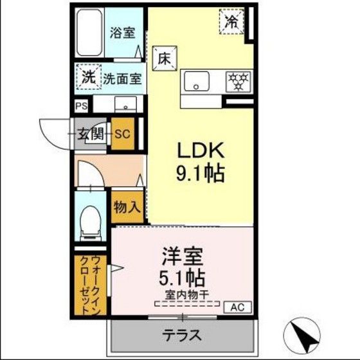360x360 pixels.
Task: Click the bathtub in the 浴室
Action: pos(89,32)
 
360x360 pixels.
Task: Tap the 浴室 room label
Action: pos(122,33)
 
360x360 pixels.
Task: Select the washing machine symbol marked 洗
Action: pos(89,76)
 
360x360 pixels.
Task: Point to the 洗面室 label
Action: pos(122,78)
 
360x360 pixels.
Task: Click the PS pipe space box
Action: pos(82,106)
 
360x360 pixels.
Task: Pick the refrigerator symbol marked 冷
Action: pos(231,21)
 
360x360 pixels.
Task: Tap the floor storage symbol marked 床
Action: pos(165,59)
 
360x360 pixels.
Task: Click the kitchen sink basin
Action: pos(197,81)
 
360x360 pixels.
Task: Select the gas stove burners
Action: pos(239,81)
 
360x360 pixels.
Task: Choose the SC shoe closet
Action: pos(123,134)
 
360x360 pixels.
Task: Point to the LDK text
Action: pos(201,150)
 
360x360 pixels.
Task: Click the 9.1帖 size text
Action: pos(200,174)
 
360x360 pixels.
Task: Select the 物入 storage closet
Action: pos(127,207)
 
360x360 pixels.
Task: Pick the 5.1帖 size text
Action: pos(182,278)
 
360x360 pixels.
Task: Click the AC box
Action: pos(238,307)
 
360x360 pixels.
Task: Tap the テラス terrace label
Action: pos(182,336)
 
